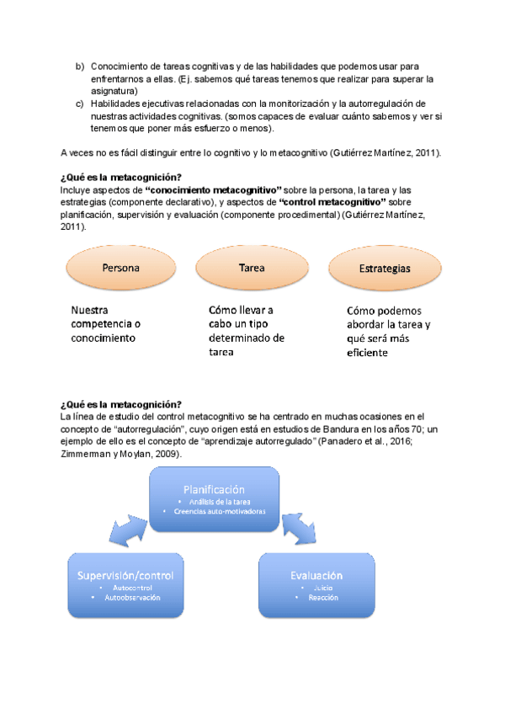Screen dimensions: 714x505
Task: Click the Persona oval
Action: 120,269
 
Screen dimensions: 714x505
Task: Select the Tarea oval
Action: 252,269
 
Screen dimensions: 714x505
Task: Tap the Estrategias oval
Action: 383,269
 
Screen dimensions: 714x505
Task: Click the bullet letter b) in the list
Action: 80,66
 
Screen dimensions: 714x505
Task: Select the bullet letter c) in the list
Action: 80,104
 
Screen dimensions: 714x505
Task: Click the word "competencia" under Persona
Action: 99,324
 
